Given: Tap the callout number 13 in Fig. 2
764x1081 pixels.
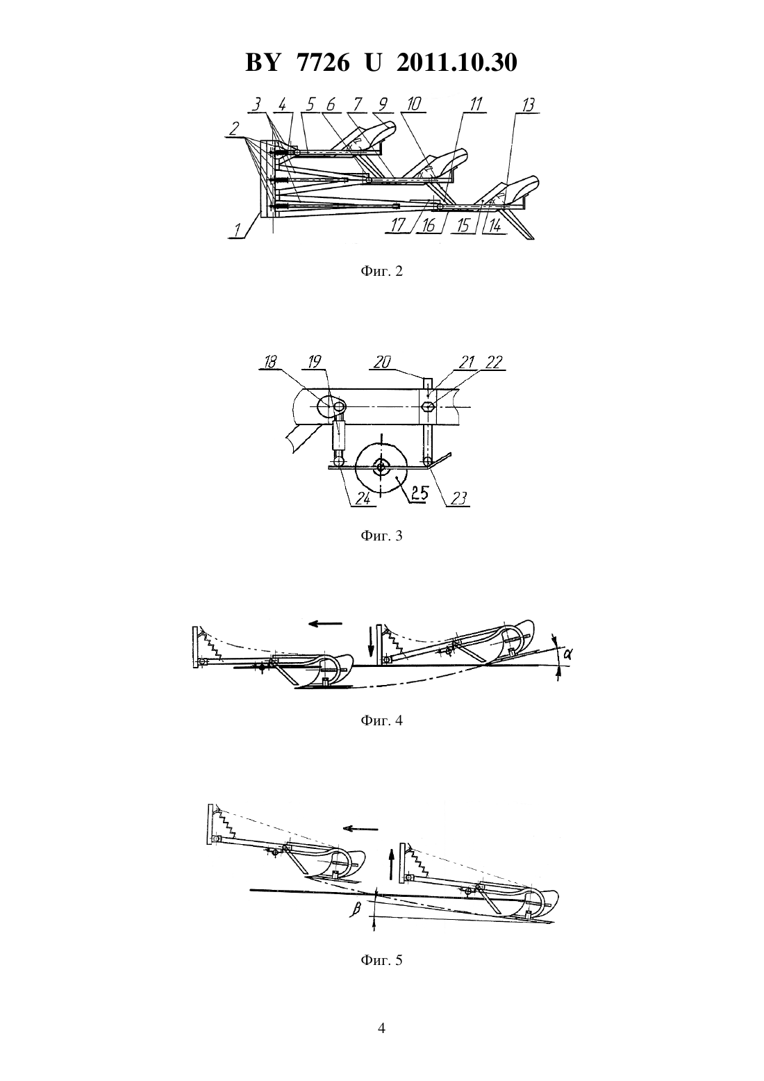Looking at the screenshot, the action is [529, 105].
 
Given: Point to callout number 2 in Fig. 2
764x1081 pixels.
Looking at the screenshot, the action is [235, 129].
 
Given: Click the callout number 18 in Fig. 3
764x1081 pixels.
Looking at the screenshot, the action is [271, 362].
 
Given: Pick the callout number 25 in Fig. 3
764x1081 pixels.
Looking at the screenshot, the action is [418, 494].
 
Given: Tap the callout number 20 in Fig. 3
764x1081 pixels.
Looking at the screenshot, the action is [382, 362].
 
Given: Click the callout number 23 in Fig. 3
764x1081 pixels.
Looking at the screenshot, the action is [458, 499].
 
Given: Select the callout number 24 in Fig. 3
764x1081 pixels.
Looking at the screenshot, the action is [363, 499].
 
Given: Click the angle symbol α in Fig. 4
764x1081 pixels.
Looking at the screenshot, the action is [567, 654].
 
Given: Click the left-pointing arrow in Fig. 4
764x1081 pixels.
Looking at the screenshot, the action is [325, 623].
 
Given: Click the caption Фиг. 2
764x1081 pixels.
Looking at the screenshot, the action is [381, 271].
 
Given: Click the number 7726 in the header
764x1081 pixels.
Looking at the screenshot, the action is [323, 63].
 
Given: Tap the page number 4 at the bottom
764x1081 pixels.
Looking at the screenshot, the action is [381, 1029].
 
